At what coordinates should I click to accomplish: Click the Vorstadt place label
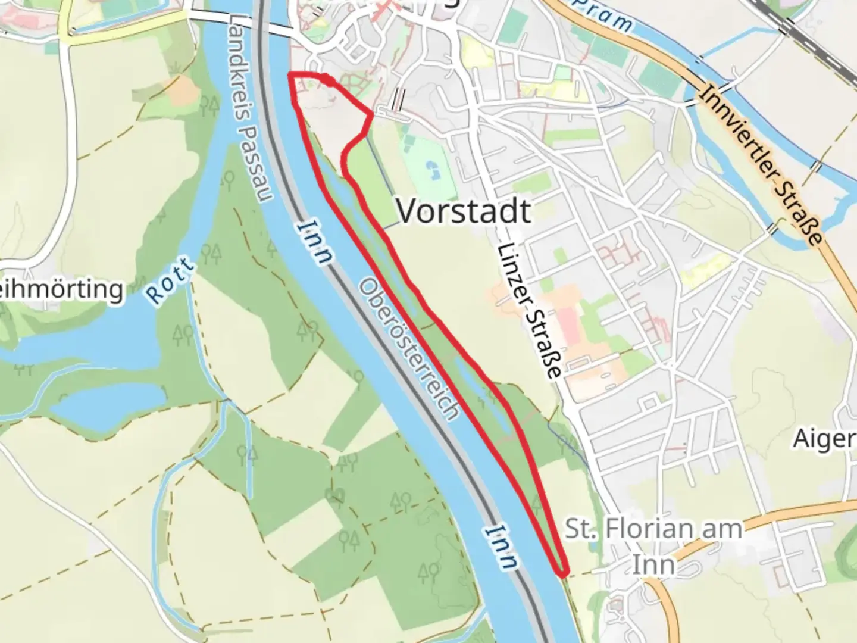coord(464,211)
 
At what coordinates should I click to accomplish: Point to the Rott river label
coord(170,282)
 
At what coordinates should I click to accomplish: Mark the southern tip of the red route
coord(561,573)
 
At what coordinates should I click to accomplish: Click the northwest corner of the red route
coord(290,74)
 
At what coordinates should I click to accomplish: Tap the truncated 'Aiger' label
coord(824,439)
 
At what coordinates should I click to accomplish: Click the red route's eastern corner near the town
coord(373,113)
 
